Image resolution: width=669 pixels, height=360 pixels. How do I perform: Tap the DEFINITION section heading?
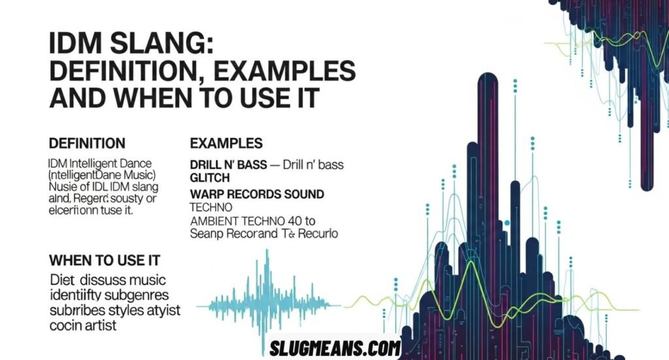[x=87, y=142]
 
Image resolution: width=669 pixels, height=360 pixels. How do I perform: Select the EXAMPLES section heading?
[x=225, y=142]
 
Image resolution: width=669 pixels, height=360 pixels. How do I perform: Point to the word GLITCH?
[x=210, y=178]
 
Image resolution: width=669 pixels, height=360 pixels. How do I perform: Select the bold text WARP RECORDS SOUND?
[x=257, y=194]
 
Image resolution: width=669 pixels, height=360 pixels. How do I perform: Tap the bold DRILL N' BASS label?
[x=228, y=165]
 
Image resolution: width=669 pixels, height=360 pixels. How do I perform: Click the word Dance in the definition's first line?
[x=134, y=163]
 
